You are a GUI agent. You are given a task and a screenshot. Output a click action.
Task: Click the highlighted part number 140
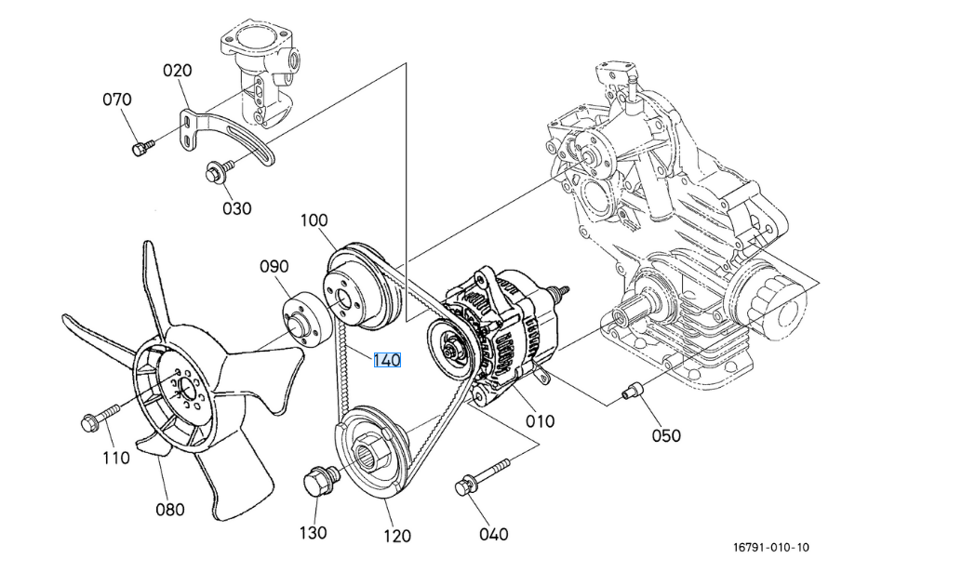(387, 360)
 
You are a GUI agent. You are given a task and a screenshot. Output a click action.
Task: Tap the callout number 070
(117, 100)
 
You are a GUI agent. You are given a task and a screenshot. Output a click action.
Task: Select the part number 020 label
(178, 71)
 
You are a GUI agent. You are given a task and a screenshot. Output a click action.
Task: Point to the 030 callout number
(236, 208)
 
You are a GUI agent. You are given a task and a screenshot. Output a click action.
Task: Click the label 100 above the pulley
(314, 220)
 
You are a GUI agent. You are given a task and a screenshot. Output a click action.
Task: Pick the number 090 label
(274, 267)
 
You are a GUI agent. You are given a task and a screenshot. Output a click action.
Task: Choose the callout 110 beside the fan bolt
(115, 458)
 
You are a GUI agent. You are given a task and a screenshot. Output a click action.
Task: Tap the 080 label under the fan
(169, 509)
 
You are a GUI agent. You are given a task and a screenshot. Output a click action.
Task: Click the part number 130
(313, 533)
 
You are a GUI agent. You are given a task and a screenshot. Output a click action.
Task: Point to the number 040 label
(493, 534)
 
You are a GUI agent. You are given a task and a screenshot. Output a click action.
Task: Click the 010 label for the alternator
(540, 420)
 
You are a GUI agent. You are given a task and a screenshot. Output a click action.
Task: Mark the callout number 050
(665, 435)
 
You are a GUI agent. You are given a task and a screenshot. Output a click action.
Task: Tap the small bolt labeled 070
(141, 147)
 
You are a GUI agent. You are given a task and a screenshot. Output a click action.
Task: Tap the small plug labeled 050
(634, 391)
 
